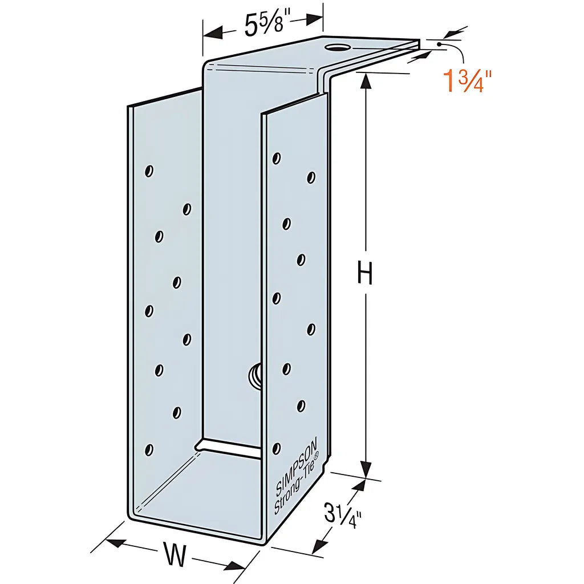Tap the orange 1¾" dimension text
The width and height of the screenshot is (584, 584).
tap(464, 82)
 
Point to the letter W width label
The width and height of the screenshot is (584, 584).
tap(175, 555)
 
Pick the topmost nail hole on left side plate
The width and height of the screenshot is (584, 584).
tap(149, 171)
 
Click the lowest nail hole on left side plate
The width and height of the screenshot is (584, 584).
tap(149, 450)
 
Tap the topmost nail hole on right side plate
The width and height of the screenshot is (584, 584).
tap(277, 158)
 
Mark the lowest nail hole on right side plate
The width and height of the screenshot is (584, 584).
tap(277, 448)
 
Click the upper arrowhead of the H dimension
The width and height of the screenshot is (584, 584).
tap(366, 81)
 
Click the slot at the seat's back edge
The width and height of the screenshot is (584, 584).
tap(228, 445)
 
